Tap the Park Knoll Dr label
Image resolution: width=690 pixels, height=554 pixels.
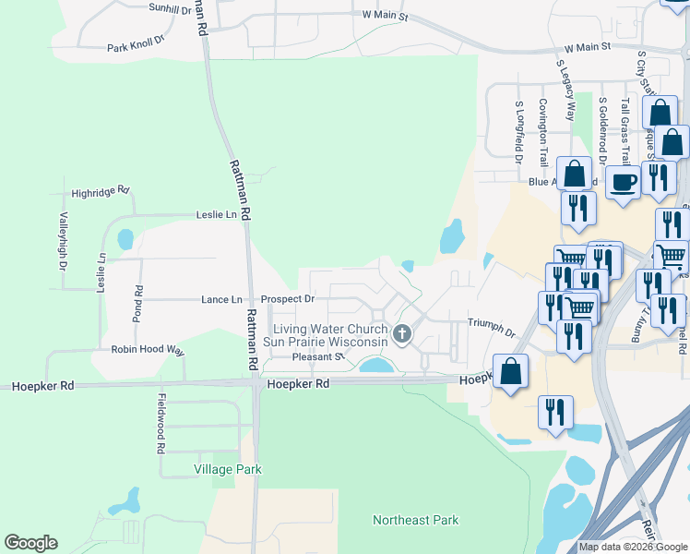[x=135, y=43]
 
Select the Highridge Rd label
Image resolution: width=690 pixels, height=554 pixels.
[x=101, y=192]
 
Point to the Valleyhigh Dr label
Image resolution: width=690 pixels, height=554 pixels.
[x=64, y=241]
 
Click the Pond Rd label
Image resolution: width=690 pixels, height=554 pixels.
[x=139, y=303]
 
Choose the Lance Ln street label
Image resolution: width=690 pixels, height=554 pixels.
[x=221, y=299]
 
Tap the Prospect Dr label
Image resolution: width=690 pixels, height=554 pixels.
[x=287, y=299]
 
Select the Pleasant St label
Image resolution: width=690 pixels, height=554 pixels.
[x=317, y=356]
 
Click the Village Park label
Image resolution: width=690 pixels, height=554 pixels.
[x=228, y=469]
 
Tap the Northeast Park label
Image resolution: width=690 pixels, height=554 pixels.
[x=415, y=520]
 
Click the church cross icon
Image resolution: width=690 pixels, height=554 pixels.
[x=401, y=333]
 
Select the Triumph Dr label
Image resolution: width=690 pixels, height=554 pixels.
[x=490, y=322]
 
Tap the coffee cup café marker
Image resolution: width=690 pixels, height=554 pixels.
[x=623, y=180]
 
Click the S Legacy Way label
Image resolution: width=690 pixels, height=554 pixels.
[x=565, y=91]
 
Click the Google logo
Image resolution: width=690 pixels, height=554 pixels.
[x=30, y=543]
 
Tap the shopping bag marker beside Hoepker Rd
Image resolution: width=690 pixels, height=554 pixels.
[x=510, y=372]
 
